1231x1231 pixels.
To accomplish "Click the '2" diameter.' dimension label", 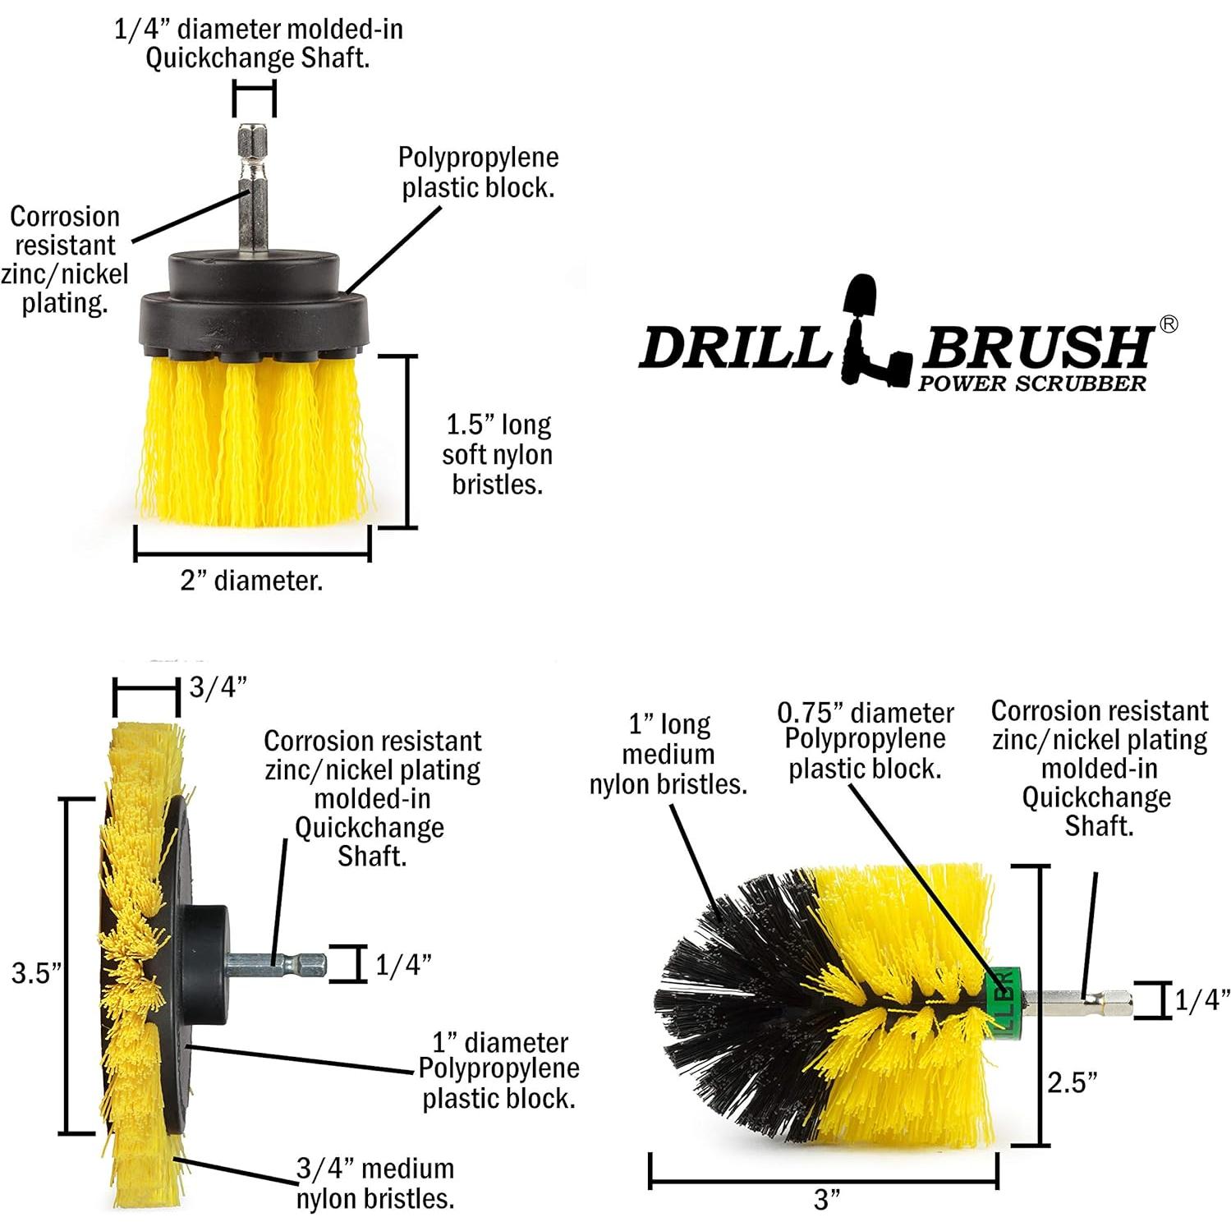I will (x=251, y=581).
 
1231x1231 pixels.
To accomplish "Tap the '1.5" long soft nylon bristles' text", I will (x=497, y=454).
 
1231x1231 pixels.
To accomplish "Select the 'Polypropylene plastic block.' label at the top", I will (x=478, y=172).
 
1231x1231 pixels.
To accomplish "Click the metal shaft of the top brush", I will (x=254, y=189).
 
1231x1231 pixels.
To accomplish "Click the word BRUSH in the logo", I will (x=1036, y=347).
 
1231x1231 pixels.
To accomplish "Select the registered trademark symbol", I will (x=1168, y=324).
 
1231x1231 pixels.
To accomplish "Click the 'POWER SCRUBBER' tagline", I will (x=1031, y=384).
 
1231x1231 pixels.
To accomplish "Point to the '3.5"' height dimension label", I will (x=36, y=973).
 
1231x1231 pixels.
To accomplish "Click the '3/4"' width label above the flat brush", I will (x=218, y=687).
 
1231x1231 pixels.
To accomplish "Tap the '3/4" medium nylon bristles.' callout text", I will (x=375, y=1183).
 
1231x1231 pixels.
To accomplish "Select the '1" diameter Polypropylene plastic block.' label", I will (x=498, y=1070).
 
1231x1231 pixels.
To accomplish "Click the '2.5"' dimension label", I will (x=1072, y=1082).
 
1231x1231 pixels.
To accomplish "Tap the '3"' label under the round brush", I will (x=827, y=1199).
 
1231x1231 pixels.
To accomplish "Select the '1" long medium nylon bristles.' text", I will (x=668, y=754).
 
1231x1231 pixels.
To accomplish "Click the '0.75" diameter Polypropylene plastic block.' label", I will (x=866, y=741).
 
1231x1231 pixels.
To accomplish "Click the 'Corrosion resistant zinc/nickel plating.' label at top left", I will (x=64, y=260).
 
